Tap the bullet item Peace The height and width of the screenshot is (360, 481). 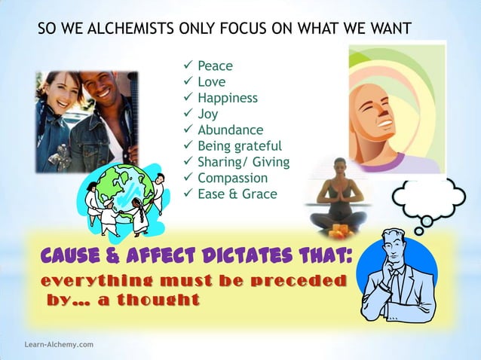[215, 66]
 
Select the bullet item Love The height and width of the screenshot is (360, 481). [211, 82]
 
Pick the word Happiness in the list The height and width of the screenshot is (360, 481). [228, 98]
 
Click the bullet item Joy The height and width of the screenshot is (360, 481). [207, 114]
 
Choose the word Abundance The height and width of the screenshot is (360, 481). [230, 130]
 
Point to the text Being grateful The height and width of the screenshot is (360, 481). [239, 145]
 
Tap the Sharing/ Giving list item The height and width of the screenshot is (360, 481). [243, 162]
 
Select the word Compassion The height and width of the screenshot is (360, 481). [232, 178]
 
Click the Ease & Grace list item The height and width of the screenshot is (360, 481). [237, 194]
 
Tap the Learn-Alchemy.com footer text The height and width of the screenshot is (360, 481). [59, 344]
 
